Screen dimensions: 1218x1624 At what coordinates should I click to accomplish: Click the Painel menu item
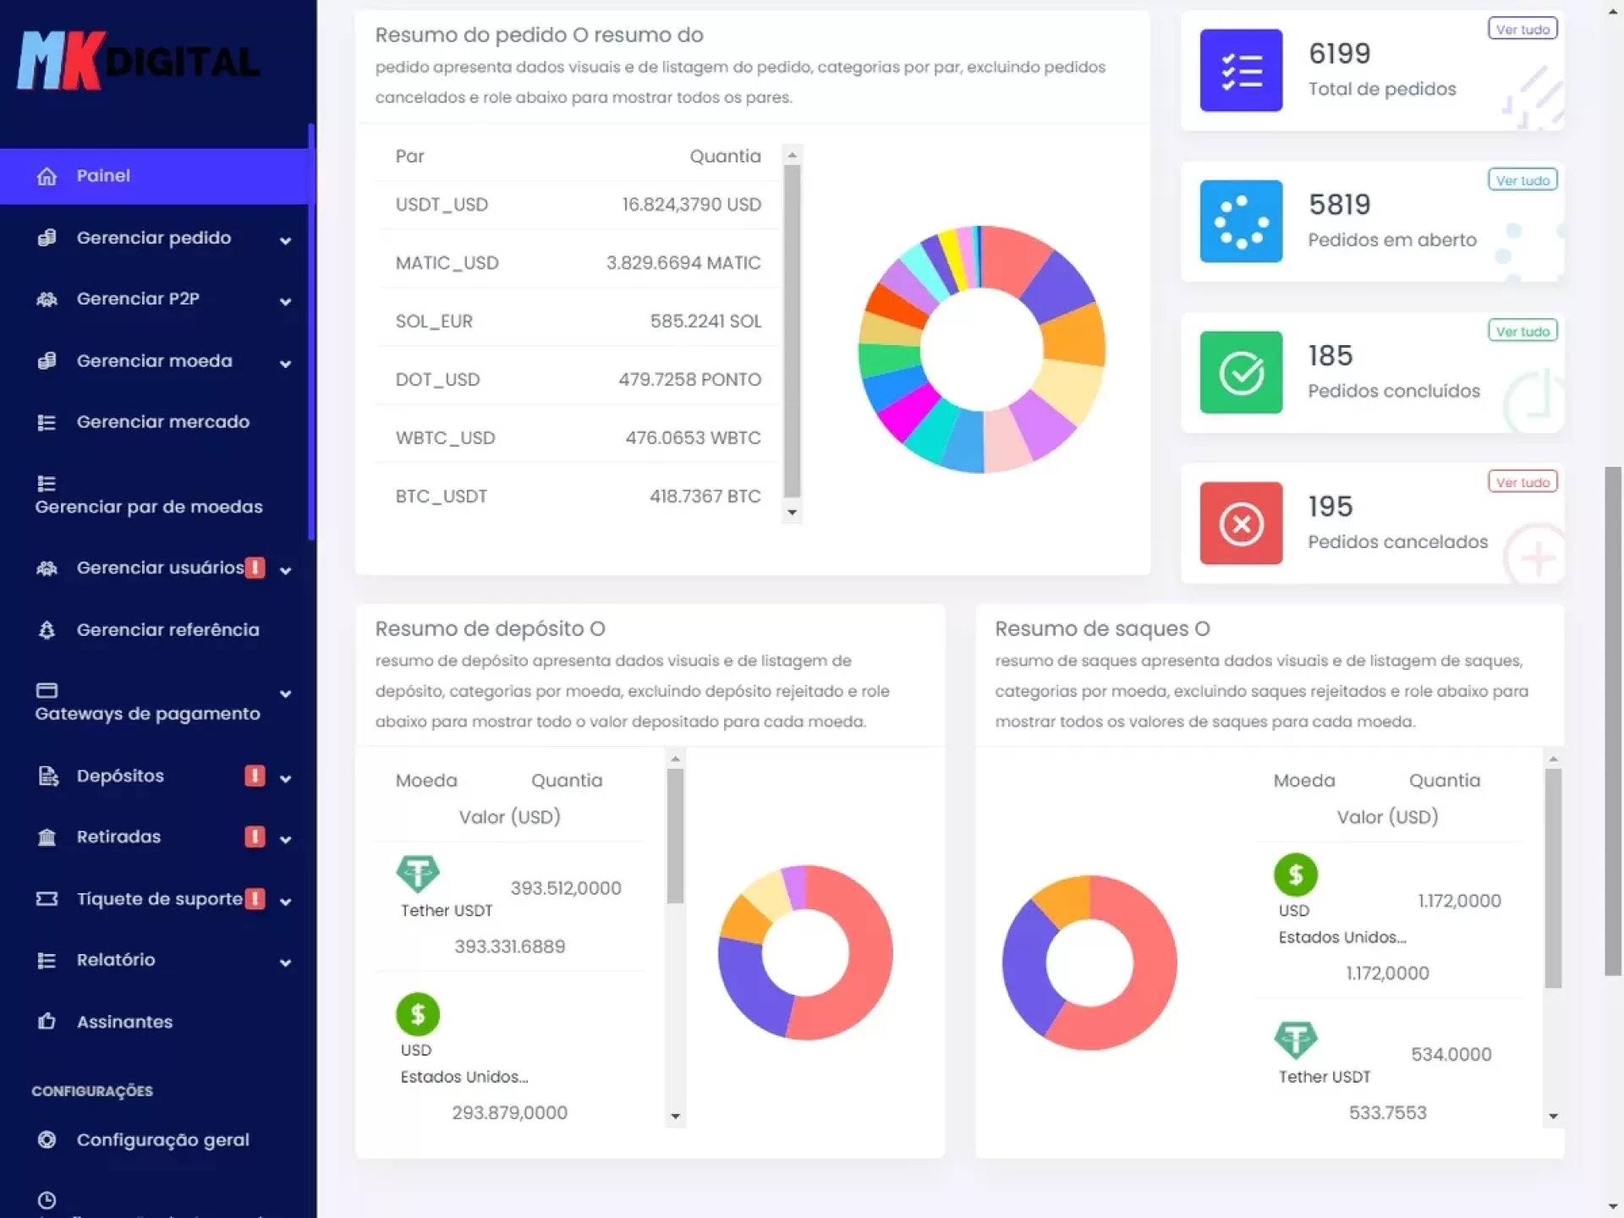(x=103, y=176)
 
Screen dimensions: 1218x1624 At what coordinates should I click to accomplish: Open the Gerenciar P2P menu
(x=138, y=299)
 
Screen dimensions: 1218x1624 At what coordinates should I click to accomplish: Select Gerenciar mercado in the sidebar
(x=162, y=421)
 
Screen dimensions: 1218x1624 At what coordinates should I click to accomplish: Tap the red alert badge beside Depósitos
(x=255, y=776)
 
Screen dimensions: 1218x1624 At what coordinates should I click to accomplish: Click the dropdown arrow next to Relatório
(x=285, y=962)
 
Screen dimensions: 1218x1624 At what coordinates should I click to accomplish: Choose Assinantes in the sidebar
(x=124, y=1022)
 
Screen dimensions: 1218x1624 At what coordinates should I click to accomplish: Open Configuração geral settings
(x=162, y=1139)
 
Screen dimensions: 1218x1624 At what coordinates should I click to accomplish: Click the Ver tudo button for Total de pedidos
(x=1522, y=30)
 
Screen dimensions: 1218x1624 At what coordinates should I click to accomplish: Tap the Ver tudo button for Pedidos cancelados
(x=1522, y=482)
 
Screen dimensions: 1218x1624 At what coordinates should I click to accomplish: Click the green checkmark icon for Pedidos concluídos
(x=1241, y=372)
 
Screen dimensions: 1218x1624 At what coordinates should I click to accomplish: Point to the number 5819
(x=1339, y=205)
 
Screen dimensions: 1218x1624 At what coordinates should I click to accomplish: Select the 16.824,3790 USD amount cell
(x=691, y=205)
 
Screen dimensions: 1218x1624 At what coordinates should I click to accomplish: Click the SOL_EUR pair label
(x=434, y=321)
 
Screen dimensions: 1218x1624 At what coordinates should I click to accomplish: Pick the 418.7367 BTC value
(x=705, y=497)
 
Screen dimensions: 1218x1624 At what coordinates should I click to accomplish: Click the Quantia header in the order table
(x=725, y=156)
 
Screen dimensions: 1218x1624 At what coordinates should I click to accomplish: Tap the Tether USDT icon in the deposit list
(x=418, y=874)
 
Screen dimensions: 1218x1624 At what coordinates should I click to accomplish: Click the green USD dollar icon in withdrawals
(x=1295, y=875)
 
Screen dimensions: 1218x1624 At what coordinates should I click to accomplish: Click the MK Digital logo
(x=140, y=61)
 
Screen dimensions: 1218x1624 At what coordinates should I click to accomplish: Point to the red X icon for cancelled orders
(x=1241, y=524)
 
